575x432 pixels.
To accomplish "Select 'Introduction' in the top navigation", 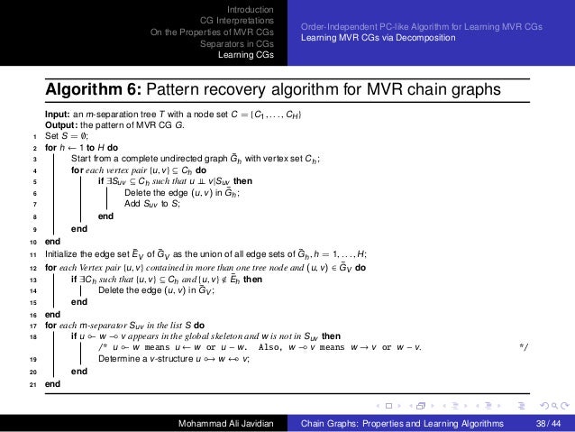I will [x=251, y=9].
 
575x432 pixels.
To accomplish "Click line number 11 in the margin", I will [x=34, y=257].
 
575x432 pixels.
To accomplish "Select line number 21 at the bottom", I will [x=34, y=383].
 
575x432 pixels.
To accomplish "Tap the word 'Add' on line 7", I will [x=132, y=204].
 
